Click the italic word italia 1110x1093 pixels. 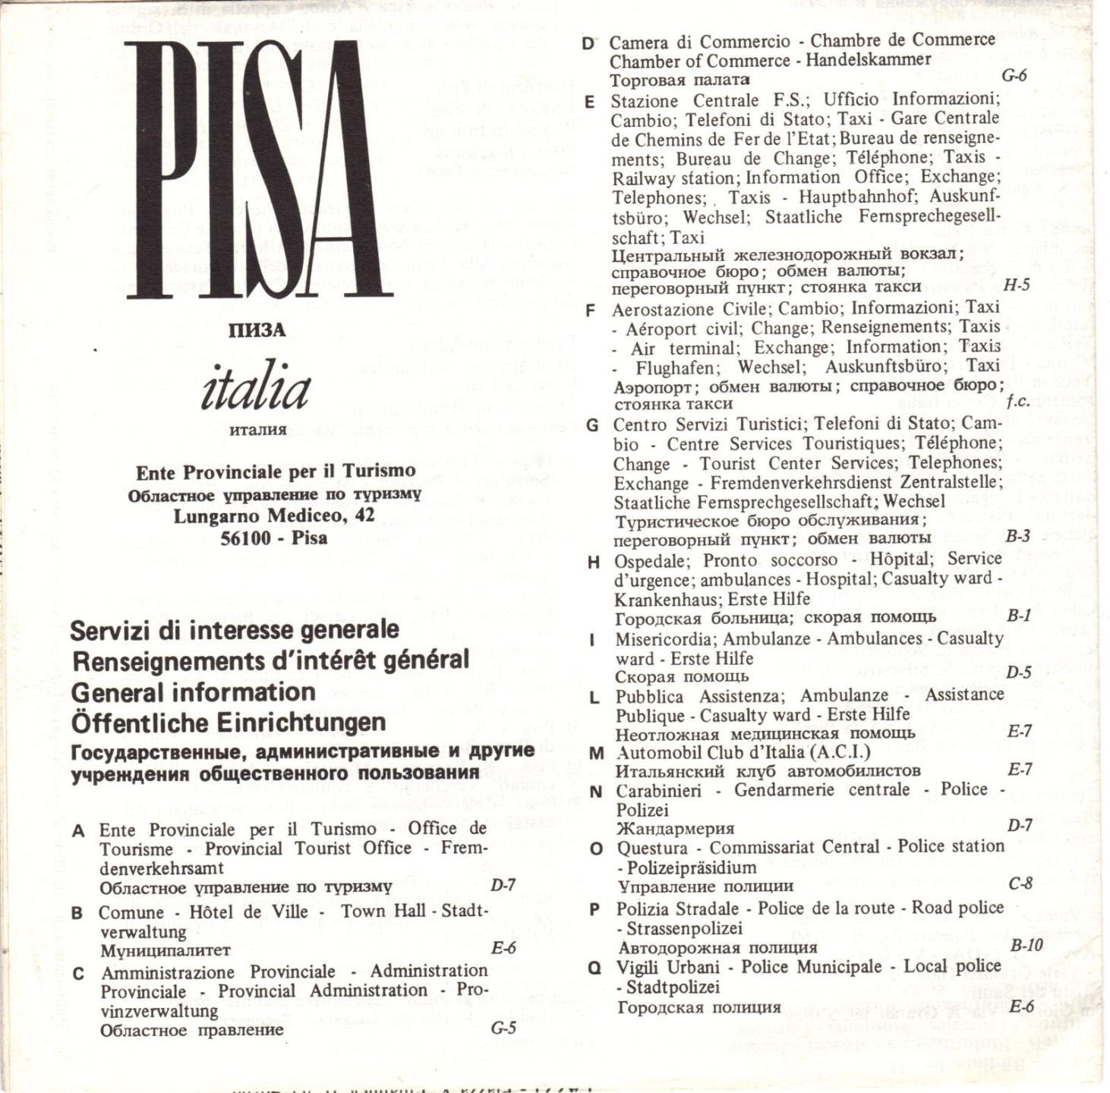tap(256, 390)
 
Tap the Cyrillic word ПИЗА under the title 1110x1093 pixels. tap(257, 331)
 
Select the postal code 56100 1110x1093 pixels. tap(245, 538)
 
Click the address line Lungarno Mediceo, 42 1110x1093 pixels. tap(274, 516)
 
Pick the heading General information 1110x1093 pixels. tap(194, 692)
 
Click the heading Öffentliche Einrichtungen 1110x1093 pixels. tap(229, 723)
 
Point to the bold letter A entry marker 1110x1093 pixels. tap(77, 831)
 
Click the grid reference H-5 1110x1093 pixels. tap(1016, 286)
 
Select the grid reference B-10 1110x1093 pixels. tap(1026, 946)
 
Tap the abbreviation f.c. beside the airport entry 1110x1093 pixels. tap(1017, 402)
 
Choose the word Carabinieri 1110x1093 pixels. tap(659, 791)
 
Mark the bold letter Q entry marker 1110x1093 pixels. tap(595, 968)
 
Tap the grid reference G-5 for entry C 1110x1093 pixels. tap(503, 1029)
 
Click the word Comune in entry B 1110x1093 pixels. tap(131, 912)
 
